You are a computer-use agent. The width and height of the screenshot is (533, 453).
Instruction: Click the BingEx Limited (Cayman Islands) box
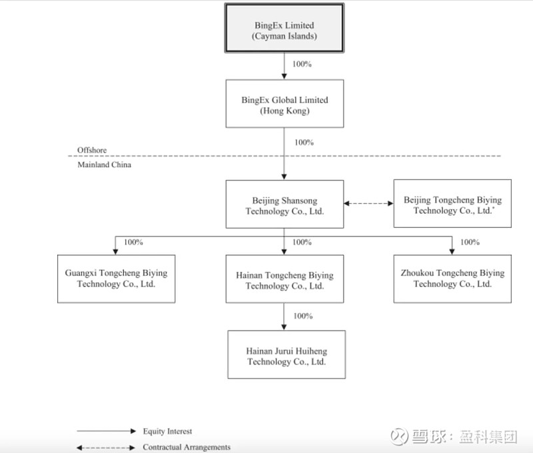[x=284, y=29]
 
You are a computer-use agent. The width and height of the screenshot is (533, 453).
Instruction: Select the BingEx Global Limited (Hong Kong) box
[x=284, y=104]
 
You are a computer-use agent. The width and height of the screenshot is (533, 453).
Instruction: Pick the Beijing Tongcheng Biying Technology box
[x=452, y=204]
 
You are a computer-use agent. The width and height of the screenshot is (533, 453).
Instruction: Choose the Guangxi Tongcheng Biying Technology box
[x=116, y=278]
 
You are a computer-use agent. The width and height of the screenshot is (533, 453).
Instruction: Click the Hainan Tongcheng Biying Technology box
[x=284, y=280]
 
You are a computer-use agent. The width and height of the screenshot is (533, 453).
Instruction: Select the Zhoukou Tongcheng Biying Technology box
[x=452, y=278]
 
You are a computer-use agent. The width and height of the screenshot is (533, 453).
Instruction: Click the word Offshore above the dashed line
[x=91, y=151]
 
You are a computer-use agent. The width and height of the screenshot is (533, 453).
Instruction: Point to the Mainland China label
[x=105, y=165]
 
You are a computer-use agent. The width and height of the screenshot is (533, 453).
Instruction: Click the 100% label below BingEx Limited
[x=302, y=65]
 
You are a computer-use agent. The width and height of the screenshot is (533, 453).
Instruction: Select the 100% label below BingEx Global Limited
[x=304, y=143]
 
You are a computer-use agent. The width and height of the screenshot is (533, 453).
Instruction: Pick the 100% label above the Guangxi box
[x=133, y=242]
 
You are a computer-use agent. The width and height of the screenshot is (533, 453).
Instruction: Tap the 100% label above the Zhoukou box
[x=470, y=242]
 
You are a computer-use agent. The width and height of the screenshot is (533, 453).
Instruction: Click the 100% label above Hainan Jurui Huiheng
[x=303, y=316]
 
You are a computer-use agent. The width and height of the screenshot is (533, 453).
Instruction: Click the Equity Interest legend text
[x=167, y=432]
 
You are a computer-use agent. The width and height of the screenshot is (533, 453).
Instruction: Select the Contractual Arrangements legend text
[x=187, y=447]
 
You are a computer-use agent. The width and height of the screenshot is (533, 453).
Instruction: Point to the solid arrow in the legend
[x=105, y=432]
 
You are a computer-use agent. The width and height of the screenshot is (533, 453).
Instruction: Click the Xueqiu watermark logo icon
[x=399, y=436]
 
